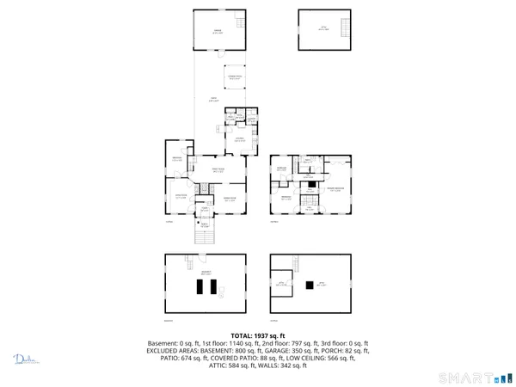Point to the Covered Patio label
pyautogui.click(x=234, y=78)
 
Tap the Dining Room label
pyautogui.click(x=231, y=200)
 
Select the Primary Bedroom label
pyautogui.click(x=335, y=189)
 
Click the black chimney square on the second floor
pyautogui.click(x=308, y=183)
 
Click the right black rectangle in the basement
pyautogui.click(x=220, y=290)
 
